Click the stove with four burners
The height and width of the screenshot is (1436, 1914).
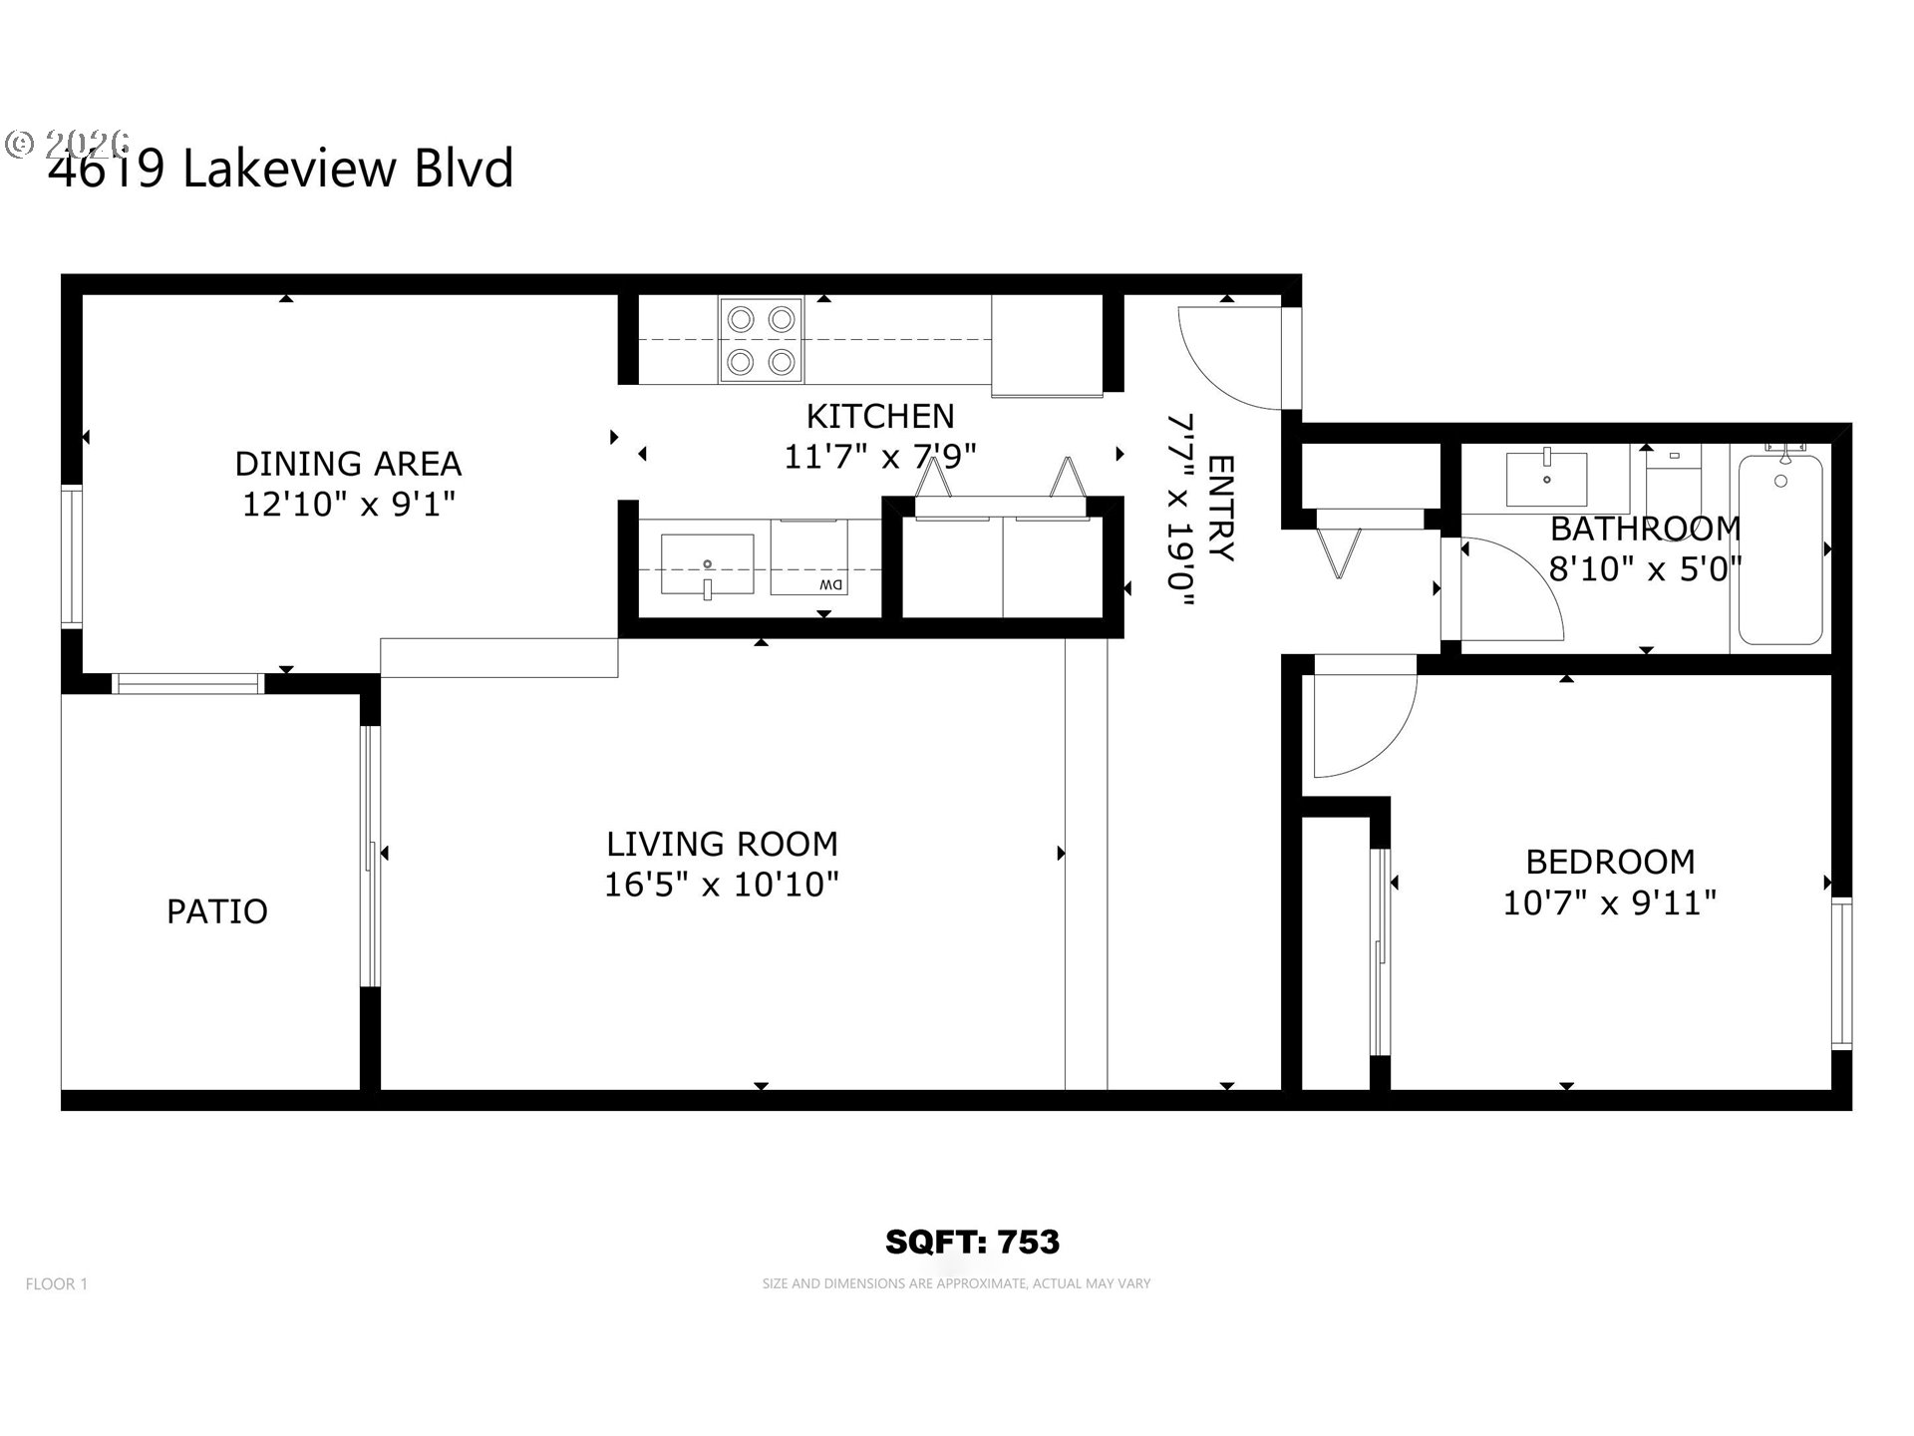click(761, 340)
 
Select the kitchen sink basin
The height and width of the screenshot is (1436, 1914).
click(707, 563)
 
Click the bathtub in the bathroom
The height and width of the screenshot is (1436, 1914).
click(1780, 548)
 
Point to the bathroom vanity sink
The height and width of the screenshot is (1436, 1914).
click(1546, 479)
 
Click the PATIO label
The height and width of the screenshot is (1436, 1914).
click(216, 911)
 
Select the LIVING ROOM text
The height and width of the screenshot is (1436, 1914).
click(722, 844)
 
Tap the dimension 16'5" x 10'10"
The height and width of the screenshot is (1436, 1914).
click(722, 885)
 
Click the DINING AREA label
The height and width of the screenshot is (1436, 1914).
click(348, 464)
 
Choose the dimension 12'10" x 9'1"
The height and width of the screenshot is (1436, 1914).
click(348, 505)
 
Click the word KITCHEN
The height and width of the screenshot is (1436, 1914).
click(879, 416)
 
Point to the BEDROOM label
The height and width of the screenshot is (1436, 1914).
click(1610, 862)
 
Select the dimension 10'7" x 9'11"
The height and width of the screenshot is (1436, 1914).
click(1609, 903)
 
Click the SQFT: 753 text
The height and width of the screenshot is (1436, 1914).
click(972, 1242)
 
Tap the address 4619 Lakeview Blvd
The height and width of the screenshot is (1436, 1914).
click(281, 168)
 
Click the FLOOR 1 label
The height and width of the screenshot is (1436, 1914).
click(57, 1284)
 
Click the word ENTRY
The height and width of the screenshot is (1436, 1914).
click(1220, 509)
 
